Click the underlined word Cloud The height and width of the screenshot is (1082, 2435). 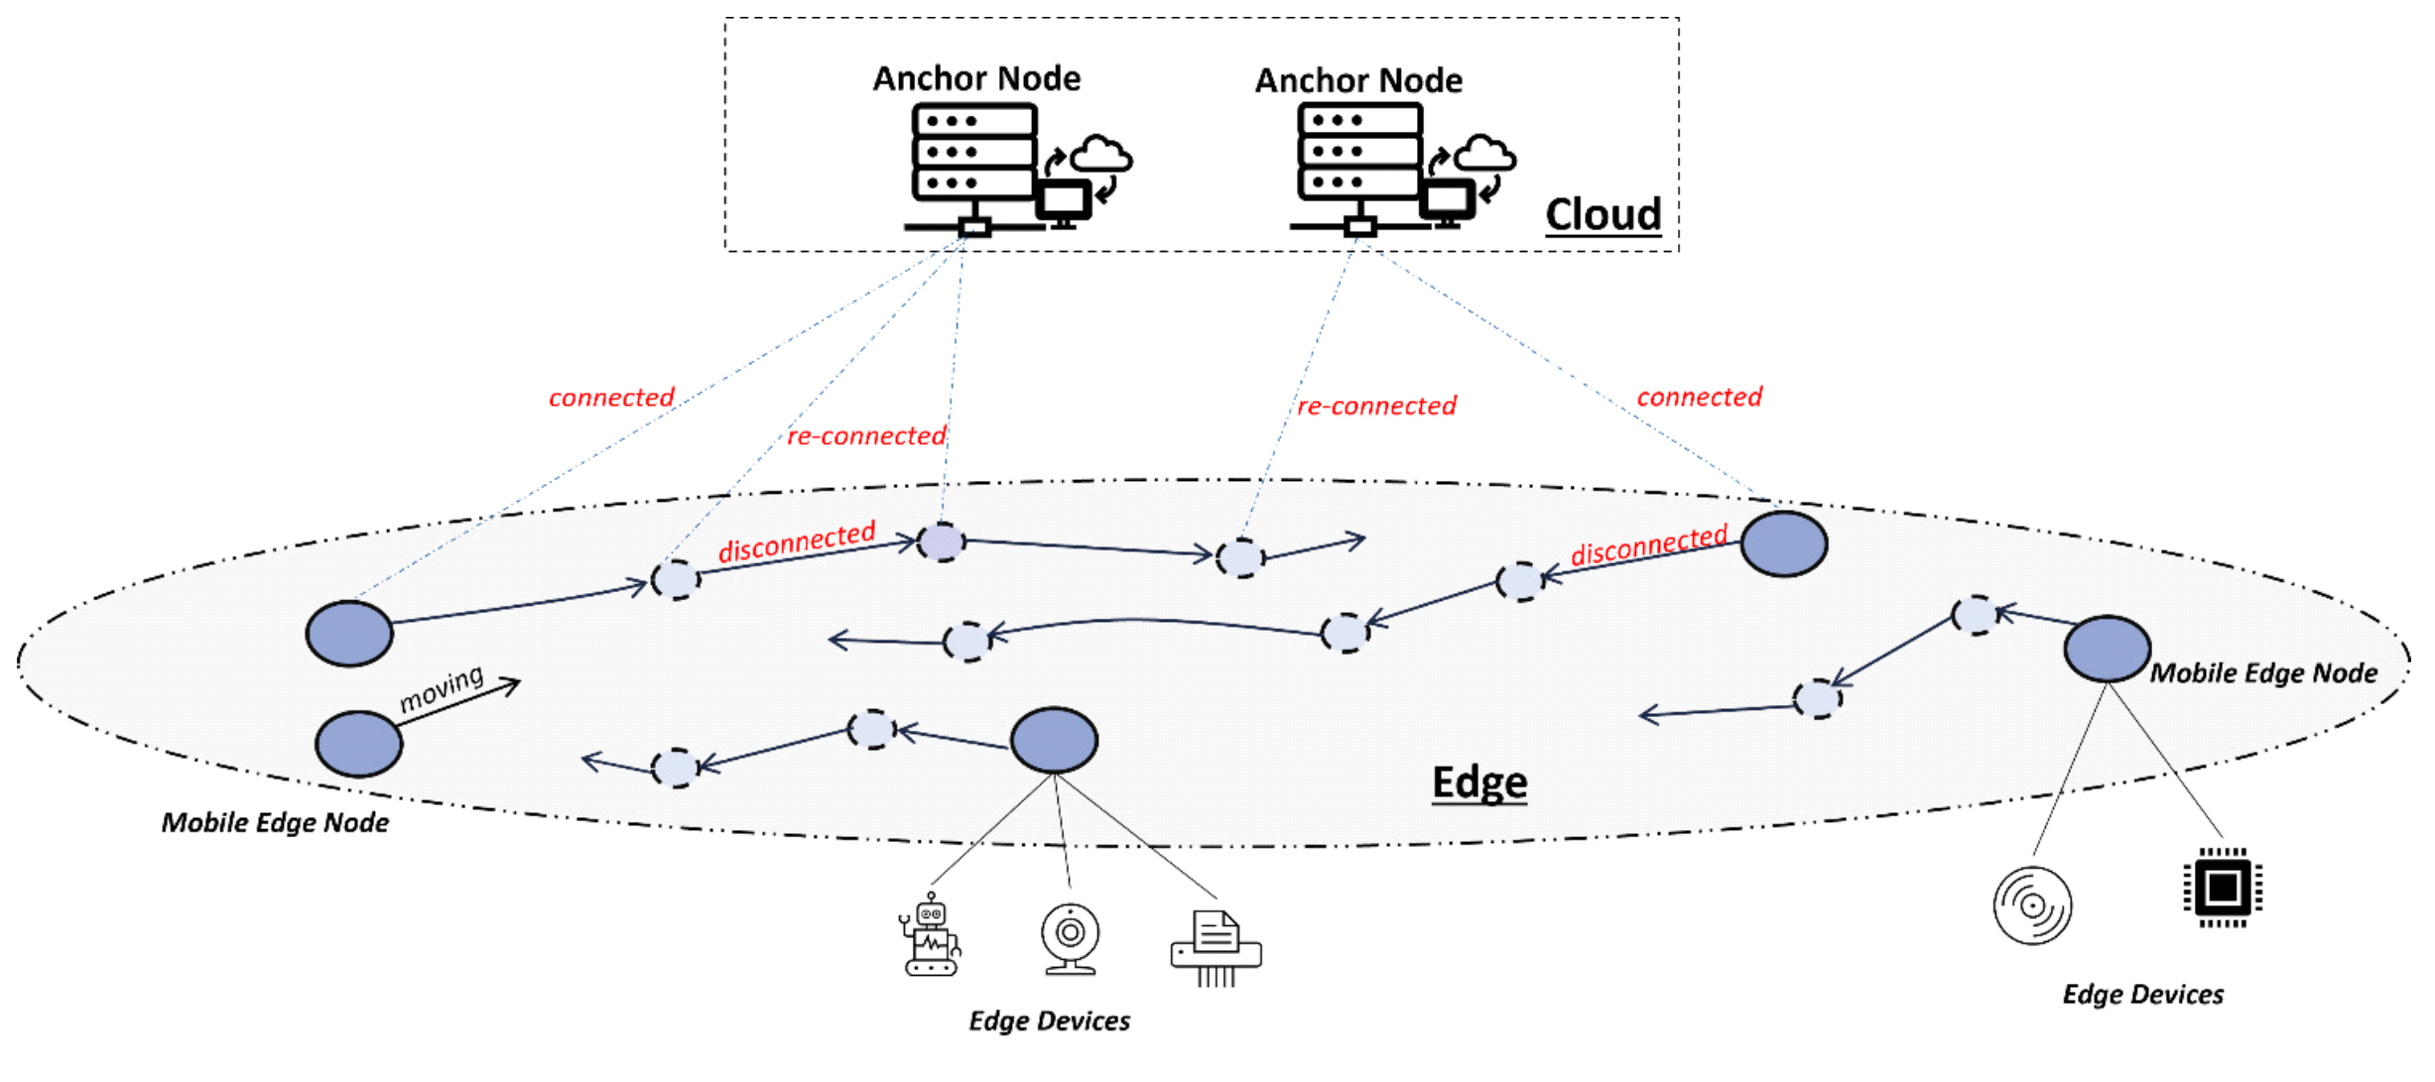(1602, 214)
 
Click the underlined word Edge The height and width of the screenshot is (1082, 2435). (1478, 782)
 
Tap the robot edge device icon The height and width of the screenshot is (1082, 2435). (931, 935)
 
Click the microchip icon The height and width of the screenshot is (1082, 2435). (2223, 887)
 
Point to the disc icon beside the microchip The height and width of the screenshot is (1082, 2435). (2032, 905)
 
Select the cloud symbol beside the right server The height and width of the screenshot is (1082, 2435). (1483, 153)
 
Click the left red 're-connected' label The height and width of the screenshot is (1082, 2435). (865, 435)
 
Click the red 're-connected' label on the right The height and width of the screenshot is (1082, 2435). (1376, 406)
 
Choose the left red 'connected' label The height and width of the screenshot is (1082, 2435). (611, 398)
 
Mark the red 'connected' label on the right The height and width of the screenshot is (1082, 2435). (1699, 397)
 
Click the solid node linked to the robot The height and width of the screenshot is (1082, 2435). (1054, 740)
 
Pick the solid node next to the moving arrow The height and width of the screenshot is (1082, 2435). (358, 744)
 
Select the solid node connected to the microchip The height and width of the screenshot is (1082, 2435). (2107, 649)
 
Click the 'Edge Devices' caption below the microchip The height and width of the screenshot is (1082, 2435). (2142, 995)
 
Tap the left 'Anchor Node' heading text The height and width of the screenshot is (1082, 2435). (976, 78)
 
